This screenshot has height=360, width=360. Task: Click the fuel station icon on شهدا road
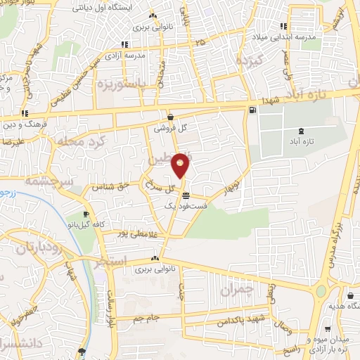[251, 110]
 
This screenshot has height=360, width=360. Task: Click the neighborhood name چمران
[235, 289]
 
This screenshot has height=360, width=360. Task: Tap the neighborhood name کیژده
[250, 59]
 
